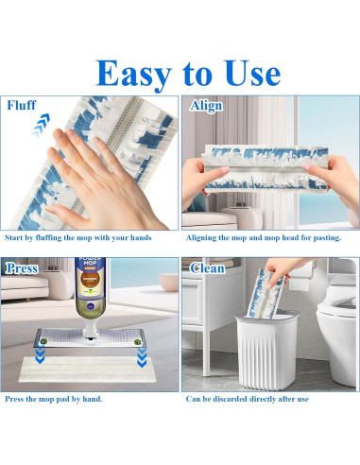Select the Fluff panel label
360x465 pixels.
[23, 106]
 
